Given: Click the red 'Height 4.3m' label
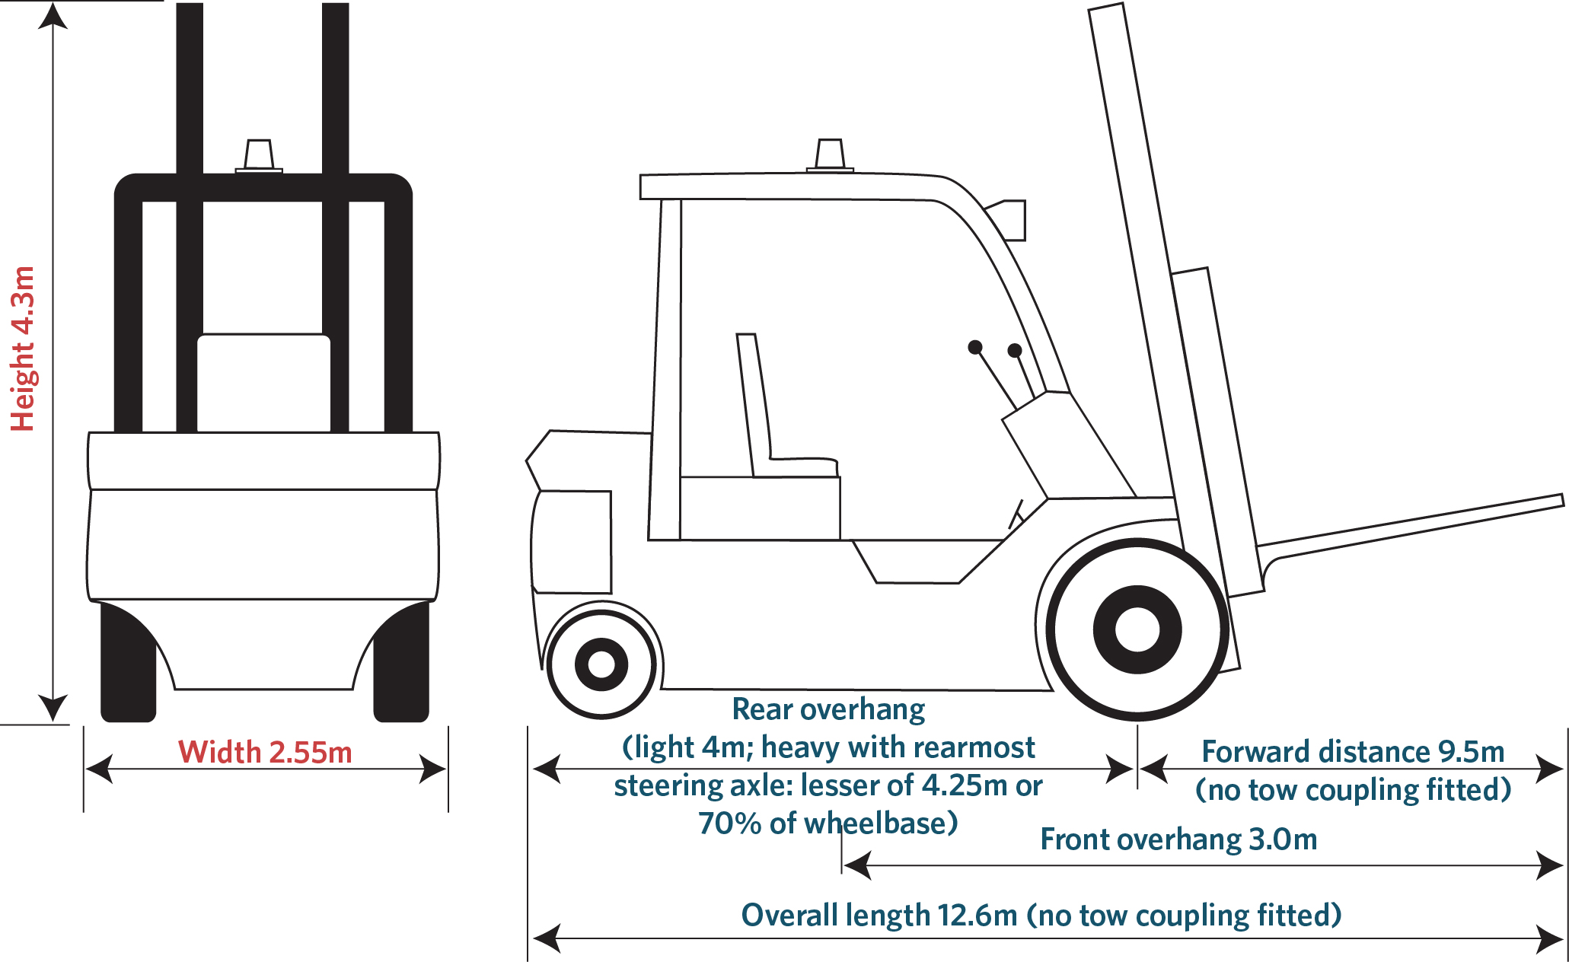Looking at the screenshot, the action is click(x=23, y=349).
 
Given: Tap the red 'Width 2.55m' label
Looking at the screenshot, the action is click(x=265, y=752).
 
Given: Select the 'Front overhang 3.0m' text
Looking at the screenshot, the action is click(x=1178, y=839).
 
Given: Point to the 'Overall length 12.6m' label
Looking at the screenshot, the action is click(x=879, y=915).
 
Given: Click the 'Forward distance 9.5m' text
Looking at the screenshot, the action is click(x=1353, y=751).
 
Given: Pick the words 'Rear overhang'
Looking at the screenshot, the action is click(x=828, y=709).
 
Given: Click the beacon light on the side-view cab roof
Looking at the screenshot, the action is click(x=830, y=155).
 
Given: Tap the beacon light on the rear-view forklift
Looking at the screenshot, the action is click(x=259, y=156).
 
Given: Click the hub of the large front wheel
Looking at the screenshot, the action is click(x=1137, y=629).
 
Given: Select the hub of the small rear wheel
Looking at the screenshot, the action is click(x=601, y=664).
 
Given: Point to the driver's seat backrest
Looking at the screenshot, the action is click(x=754, y=403).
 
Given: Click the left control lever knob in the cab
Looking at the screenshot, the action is click(x=975, y=347).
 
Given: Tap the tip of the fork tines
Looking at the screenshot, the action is click(x=1562, y=500).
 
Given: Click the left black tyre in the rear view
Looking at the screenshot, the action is click(x=128, y=661).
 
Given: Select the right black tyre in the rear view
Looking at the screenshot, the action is click(x=401, y=661).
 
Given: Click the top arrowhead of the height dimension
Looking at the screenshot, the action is click(x=53, y=15).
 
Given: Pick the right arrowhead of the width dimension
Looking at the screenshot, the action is click(x=433, y=769).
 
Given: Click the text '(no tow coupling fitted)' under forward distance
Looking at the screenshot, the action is click(x=1353, y=789).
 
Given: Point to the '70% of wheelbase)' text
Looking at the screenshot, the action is click(x=828, y=823).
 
